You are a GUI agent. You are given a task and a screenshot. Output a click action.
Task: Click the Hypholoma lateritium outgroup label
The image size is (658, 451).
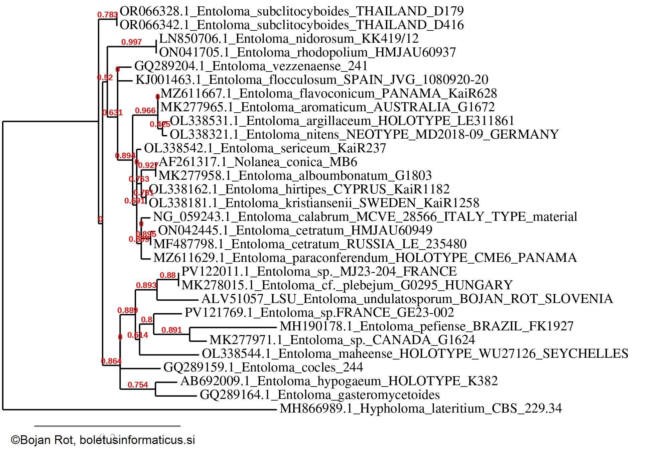(420, 409)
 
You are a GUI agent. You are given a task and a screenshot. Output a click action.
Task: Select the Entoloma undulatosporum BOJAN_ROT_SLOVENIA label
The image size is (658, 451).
(407, 299)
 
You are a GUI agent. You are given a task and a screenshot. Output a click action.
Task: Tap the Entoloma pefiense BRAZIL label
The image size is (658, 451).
(426, 326)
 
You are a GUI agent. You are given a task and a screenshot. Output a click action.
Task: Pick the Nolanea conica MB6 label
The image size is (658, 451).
(258, 162)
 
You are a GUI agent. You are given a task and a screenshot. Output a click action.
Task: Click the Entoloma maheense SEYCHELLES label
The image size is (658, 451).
(415, 353)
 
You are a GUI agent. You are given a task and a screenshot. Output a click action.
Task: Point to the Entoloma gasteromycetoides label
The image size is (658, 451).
(319, 395)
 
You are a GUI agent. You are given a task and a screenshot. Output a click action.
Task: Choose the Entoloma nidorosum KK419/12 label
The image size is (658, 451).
(289, 39)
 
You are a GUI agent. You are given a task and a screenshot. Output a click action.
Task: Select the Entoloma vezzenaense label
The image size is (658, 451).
(251, 66)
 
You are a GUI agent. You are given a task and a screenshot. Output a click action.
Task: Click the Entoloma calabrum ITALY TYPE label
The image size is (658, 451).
(365, 217)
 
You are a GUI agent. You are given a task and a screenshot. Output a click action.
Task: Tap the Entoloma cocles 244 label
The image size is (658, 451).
(263, 367)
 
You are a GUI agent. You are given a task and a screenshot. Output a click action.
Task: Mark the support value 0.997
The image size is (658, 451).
(131, 42)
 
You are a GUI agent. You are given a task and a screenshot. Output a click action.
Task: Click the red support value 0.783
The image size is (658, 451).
(107, 15)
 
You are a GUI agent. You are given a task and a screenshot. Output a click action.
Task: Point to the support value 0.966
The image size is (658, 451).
(145, 111)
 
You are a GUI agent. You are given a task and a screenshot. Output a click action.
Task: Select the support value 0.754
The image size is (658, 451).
(138, 385)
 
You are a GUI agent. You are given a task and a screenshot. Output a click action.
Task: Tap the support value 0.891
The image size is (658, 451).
(171, 330)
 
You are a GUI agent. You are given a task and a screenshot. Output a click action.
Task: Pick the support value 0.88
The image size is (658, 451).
(167, 275)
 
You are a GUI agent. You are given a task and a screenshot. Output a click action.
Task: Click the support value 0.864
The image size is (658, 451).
(111, 361)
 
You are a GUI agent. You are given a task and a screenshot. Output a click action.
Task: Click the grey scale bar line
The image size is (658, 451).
(107, 426)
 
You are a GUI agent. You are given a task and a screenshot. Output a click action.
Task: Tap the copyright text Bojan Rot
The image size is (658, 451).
(103, 440)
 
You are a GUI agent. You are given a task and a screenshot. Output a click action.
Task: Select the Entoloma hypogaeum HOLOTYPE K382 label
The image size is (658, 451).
(339, 381)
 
